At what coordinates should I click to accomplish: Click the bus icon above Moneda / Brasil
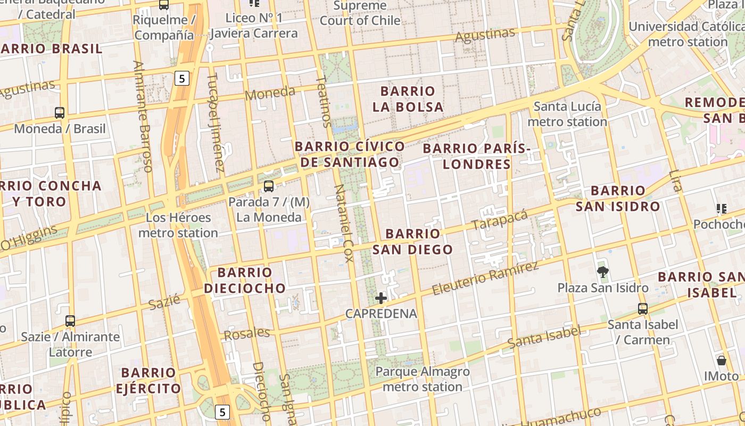tap(60, 113)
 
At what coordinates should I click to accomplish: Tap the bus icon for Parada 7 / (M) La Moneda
tap(269, 186)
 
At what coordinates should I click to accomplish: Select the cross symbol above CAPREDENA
tap(381, 298)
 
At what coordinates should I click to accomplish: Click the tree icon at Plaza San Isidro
tap(603, 272)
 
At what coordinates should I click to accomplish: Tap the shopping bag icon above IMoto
tap(722, 361)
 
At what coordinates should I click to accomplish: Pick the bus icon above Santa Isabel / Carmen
tap(643, 309)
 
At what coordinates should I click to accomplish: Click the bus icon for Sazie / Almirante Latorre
tap(70, 321)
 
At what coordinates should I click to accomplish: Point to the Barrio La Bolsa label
tap(408, 99)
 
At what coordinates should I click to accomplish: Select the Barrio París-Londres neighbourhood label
tap(477, 156)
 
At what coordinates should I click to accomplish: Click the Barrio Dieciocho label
tap(245, 281)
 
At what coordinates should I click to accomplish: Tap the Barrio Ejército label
tap(148, 380)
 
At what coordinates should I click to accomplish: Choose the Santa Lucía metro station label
tap(567, 114)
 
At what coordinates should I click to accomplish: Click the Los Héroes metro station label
tap(178, 225)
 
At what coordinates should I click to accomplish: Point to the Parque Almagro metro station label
tap(423, 379)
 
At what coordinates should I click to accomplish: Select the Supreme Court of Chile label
tap(360, 13)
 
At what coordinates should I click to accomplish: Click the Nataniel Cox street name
tap(344, 224)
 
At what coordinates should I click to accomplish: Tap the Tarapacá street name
tap(500, 220)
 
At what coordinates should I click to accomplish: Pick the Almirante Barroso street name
tap(143, 116)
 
